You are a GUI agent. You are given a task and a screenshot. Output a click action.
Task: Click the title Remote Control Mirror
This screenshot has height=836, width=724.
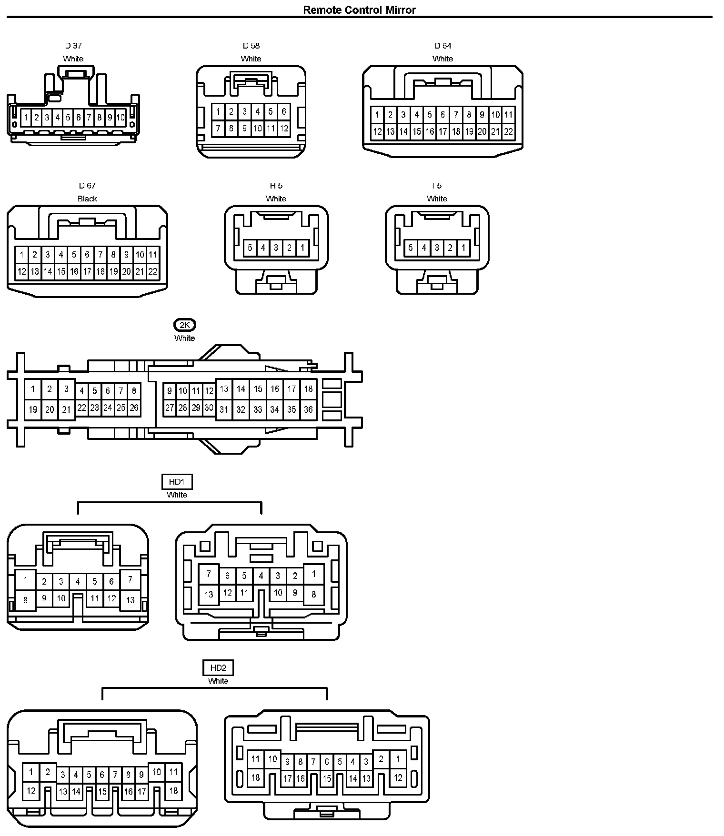pos(359,10)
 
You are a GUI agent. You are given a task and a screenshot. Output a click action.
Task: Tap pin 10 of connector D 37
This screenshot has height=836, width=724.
pos(120,117)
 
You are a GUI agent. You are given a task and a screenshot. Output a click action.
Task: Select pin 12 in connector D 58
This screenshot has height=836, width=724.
pos(284,128)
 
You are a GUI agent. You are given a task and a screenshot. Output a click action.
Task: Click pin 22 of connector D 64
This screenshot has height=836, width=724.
pos(508,131)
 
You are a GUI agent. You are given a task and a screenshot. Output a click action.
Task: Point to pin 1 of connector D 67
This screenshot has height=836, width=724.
pos(21,255)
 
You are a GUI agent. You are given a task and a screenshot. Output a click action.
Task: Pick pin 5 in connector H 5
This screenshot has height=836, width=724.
pos(250,248)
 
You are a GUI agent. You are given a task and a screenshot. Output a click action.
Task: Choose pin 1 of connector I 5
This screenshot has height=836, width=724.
pos(463,248)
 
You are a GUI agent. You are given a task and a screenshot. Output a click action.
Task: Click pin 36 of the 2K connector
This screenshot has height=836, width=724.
pos(308,409)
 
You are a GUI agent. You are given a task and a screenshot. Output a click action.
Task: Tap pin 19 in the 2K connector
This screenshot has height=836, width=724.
pos(33,409)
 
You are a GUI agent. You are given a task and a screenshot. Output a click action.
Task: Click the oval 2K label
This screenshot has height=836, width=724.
pos(185,325)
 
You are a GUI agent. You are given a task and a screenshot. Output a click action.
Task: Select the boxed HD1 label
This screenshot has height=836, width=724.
pos(177,482)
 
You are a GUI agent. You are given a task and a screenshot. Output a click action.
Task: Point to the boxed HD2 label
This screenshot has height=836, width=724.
pos(218,668)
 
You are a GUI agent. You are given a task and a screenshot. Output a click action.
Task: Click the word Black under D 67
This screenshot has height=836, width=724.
pos(87,199)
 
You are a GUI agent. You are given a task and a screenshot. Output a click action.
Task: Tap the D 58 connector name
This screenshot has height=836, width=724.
pos(251,46)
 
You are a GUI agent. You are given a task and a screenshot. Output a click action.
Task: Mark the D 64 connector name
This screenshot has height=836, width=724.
pos(442,46)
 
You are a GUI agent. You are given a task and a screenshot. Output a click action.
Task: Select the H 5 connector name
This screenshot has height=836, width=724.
pos(276,186)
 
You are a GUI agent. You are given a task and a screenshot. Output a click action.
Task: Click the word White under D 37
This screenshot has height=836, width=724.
pos(73,59)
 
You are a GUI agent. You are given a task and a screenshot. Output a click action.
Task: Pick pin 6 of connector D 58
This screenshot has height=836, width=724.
pos(284,111)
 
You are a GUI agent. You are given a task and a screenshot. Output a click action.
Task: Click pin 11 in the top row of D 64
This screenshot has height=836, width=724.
pos(508,114)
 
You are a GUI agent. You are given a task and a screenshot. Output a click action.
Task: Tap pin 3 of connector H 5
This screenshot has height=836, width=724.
pos(276,248)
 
